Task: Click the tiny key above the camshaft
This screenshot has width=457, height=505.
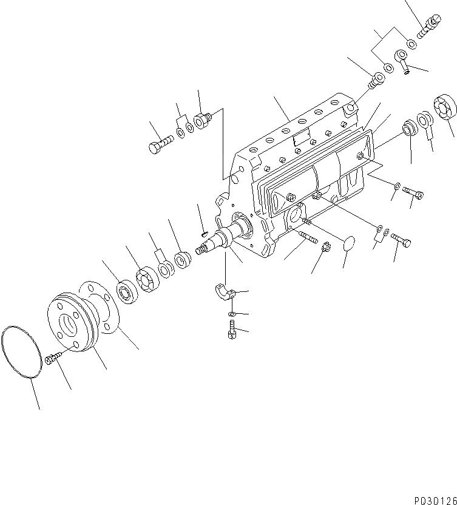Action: pos(205,231)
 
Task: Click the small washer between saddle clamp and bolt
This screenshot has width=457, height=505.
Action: pos(232,314)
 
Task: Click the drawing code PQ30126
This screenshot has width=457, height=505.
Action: pos(434,499)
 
